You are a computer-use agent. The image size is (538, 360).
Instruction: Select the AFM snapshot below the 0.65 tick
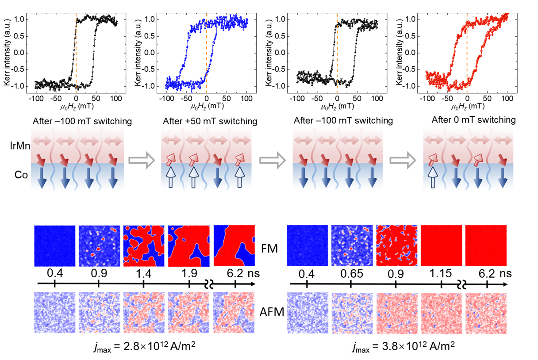tap(351, 313)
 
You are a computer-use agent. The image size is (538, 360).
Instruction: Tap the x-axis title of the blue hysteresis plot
tap(206, 107)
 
